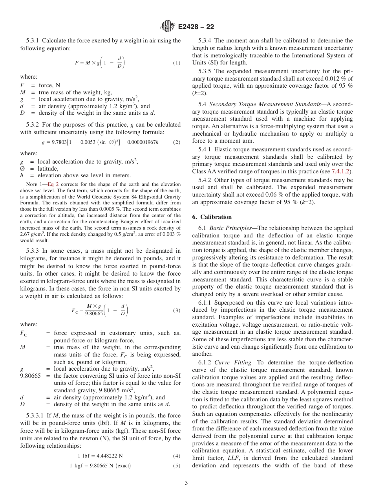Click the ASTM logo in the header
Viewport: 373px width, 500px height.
[x=167, y=27]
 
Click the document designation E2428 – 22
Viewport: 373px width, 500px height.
[x=196, y=27]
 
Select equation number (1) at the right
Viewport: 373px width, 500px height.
[x=177, y=63]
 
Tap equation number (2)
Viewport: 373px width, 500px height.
[x=177, y=142]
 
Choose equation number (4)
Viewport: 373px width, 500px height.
[x=177, y=456]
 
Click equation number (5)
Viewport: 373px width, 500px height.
[x=177, y=466]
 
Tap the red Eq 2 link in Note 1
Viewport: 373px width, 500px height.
[x=53, y=184]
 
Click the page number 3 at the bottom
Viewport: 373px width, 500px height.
[x=186, y=483]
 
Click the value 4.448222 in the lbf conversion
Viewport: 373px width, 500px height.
[x=106, y=456]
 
